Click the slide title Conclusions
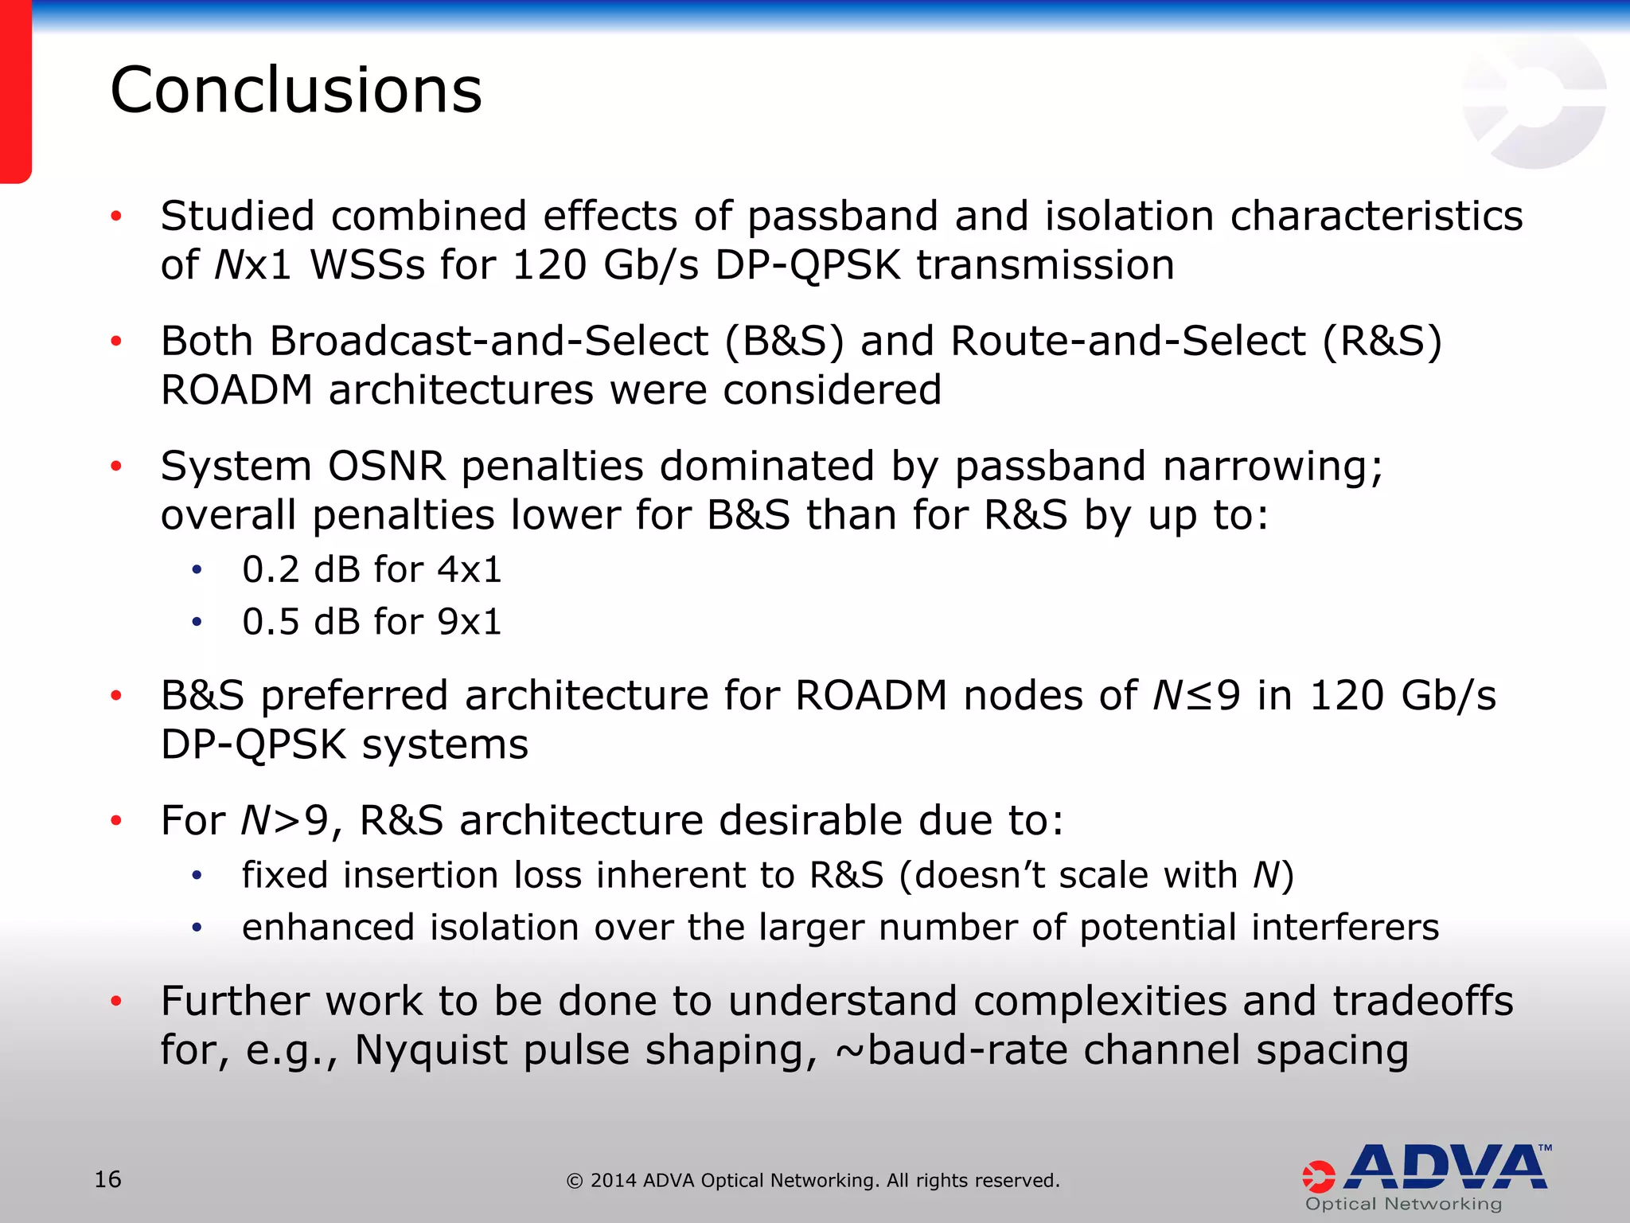(x=296, y=90)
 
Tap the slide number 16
(x=107, y=1179)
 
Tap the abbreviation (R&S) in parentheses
(x=1382, y=341)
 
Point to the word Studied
(x=238, y=216)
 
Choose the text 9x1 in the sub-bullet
(x=470, y=622)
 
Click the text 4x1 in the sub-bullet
(x=470, y=569)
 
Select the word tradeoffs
(x=1423, y=1001)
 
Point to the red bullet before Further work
(x=116, y=1001)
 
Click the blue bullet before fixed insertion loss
(x=197, y=876)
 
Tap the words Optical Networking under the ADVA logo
(x=1404, y=1204)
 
